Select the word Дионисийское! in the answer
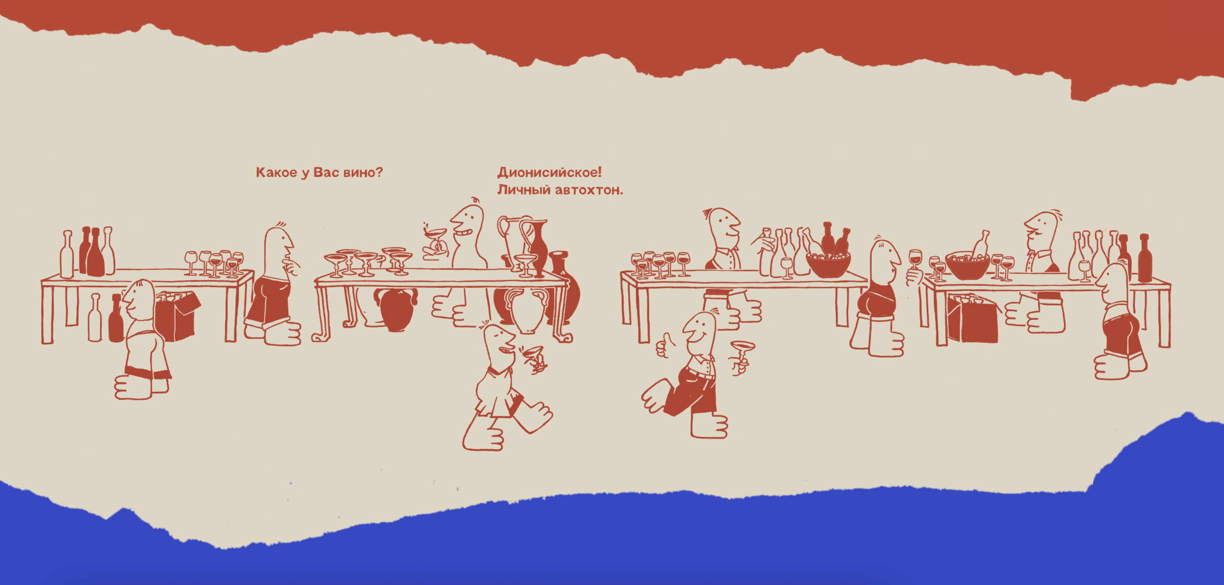pos(549,172)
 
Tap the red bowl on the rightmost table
pos(967,266)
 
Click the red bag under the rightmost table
pos(972,318)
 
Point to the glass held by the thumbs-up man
pos(741,354)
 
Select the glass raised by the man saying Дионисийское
pos(436,240)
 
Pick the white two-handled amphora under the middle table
pos(526,310)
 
